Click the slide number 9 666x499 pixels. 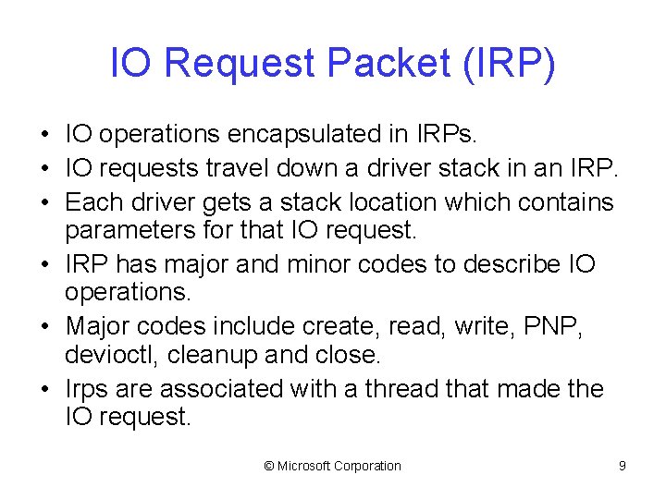[623, 466]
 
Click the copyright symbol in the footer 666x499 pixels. [269, 466]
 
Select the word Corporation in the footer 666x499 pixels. [370, 466]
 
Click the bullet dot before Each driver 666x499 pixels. [44, 202]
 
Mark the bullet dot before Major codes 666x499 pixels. [44, 327]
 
